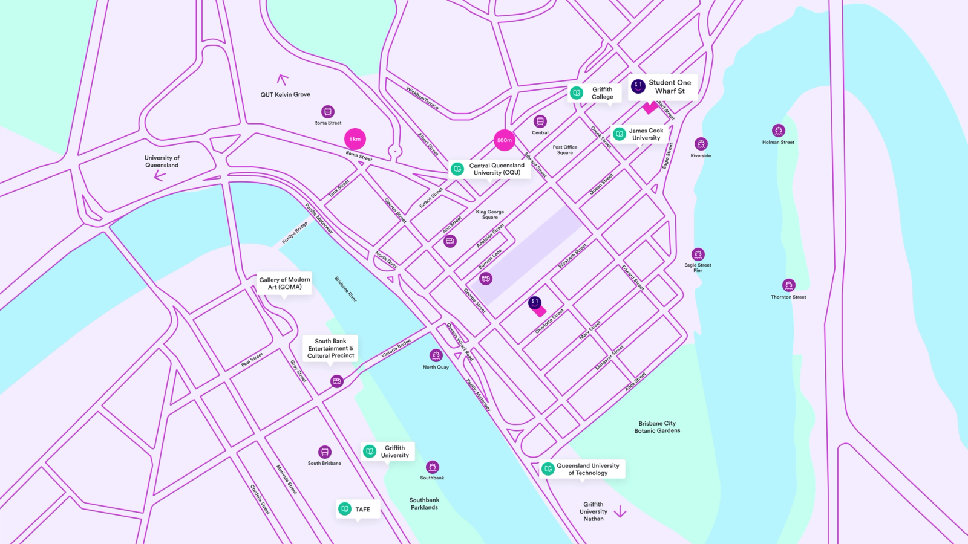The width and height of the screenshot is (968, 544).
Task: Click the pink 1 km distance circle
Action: pyautogui.click(x=355, y=139)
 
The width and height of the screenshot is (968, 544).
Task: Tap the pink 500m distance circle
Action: pyautogui.click(x=505, y=140)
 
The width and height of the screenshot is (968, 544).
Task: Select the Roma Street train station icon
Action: pyautogui.click(x=328, y=112)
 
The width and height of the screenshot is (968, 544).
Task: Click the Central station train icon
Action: pyautogui.click(x=540, y=121)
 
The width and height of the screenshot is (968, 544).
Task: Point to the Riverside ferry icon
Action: pyautogui.click(x=701, y=144)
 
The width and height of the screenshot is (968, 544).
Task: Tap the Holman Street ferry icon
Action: pyautogui.click(x=779, y=131)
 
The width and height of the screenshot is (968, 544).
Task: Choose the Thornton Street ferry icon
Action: pyautogui.click(x=788, y=285)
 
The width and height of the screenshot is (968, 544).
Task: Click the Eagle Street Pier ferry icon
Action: pyautogui.click(x=698, y=254)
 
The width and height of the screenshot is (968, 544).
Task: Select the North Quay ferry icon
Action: pyautogui.click(x=436, y=355)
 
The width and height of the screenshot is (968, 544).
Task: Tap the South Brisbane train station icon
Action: pyautogui.click(x=325, y=452)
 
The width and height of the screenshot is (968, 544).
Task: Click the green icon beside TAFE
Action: pyautogui.click(x=345, y=509)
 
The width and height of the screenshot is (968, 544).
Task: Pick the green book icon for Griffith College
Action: pyautogui.click(x=577, y=92)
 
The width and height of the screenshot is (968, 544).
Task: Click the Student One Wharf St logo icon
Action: pyautogui.click(x=638, y=86)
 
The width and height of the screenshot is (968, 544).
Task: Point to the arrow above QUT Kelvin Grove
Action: pyautogui.click(x=282, y=79)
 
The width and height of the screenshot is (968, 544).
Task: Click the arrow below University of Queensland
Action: pyautogui.click(x=160, y=176)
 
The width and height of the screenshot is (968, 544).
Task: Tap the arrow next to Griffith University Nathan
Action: pyautogui.click(x=620, y=512)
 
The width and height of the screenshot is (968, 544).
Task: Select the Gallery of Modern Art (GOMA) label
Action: pyautogui.click(x=284, y=283)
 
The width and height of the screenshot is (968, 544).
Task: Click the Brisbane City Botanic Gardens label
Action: pyautogui.click(x=657, y=427)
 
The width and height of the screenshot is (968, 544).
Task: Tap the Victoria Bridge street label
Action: pyautogui.click(x=396, y=349)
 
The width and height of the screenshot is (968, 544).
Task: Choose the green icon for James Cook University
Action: pyautogui.click(x=620, y=134)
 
